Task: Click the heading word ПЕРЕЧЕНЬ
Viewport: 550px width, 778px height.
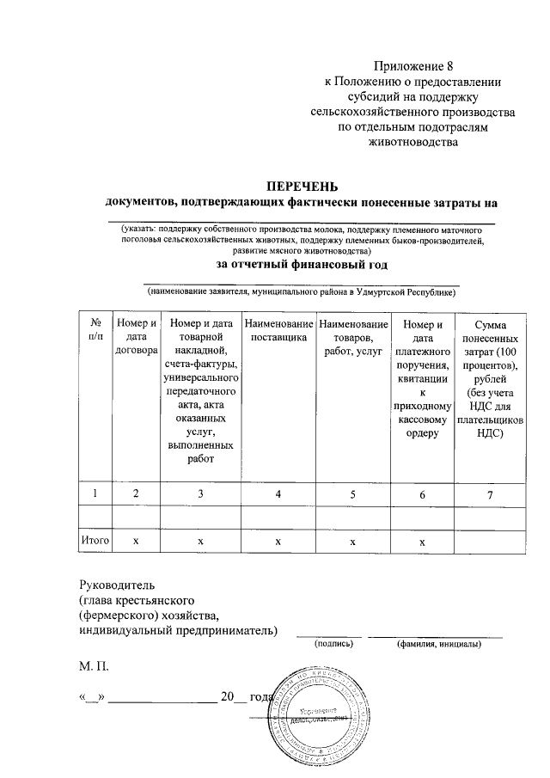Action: point(302,187)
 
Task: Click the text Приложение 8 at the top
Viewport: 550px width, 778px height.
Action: point(412,65)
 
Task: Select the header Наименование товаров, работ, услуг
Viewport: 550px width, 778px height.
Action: point(352,338)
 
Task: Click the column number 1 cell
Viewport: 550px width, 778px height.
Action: point(95,493)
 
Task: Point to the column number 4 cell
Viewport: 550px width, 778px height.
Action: point(278,493)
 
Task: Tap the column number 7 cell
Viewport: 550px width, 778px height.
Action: point(490,493)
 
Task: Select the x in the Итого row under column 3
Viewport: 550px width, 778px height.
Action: point(200,542)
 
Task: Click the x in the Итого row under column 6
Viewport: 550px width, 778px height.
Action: point(422,542)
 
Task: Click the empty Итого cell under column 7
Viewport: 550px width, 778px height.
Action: point(490,542)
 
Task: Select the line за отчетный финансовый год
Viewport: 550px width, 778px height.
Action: point(301,265)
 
